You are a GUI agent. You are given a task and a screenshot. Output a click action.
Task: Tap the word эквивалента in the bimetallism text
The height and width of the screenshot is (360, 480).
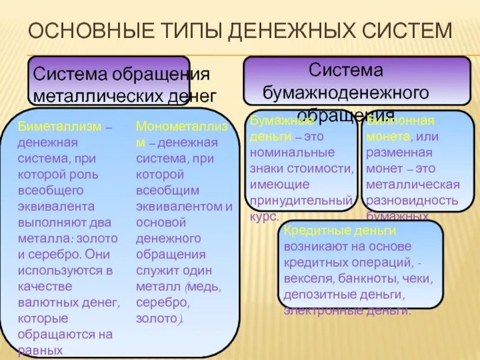tap(56, 206)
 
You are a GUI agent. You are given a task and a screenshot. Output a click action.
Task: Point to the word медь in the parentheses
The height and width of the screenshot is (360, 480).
tap(203, 286)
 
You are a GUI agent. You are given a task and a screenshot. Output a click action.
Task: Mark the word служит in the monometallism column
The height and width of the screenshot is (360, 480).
tap(155, 270)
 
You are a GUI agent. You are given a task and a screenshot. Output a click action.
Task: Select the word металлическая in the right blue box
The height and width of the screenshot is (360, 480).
tap(413, 184)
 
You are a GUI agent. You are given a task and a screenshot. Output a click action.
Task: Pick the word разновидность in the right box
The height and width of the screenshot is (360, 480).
tap(412, 200)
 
